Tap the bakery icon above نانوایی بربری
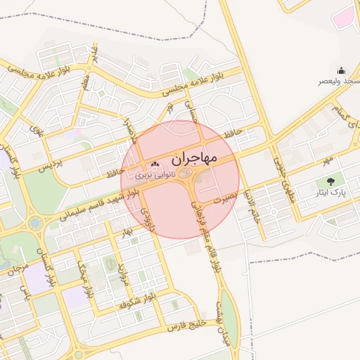pos(155,164)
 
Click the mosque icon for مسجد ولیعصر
pos(342,70)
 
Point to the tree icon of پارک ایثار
pos(331,181)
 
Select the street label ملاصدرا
pos(130,130)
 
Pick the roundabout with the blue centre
pos(34,224)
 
